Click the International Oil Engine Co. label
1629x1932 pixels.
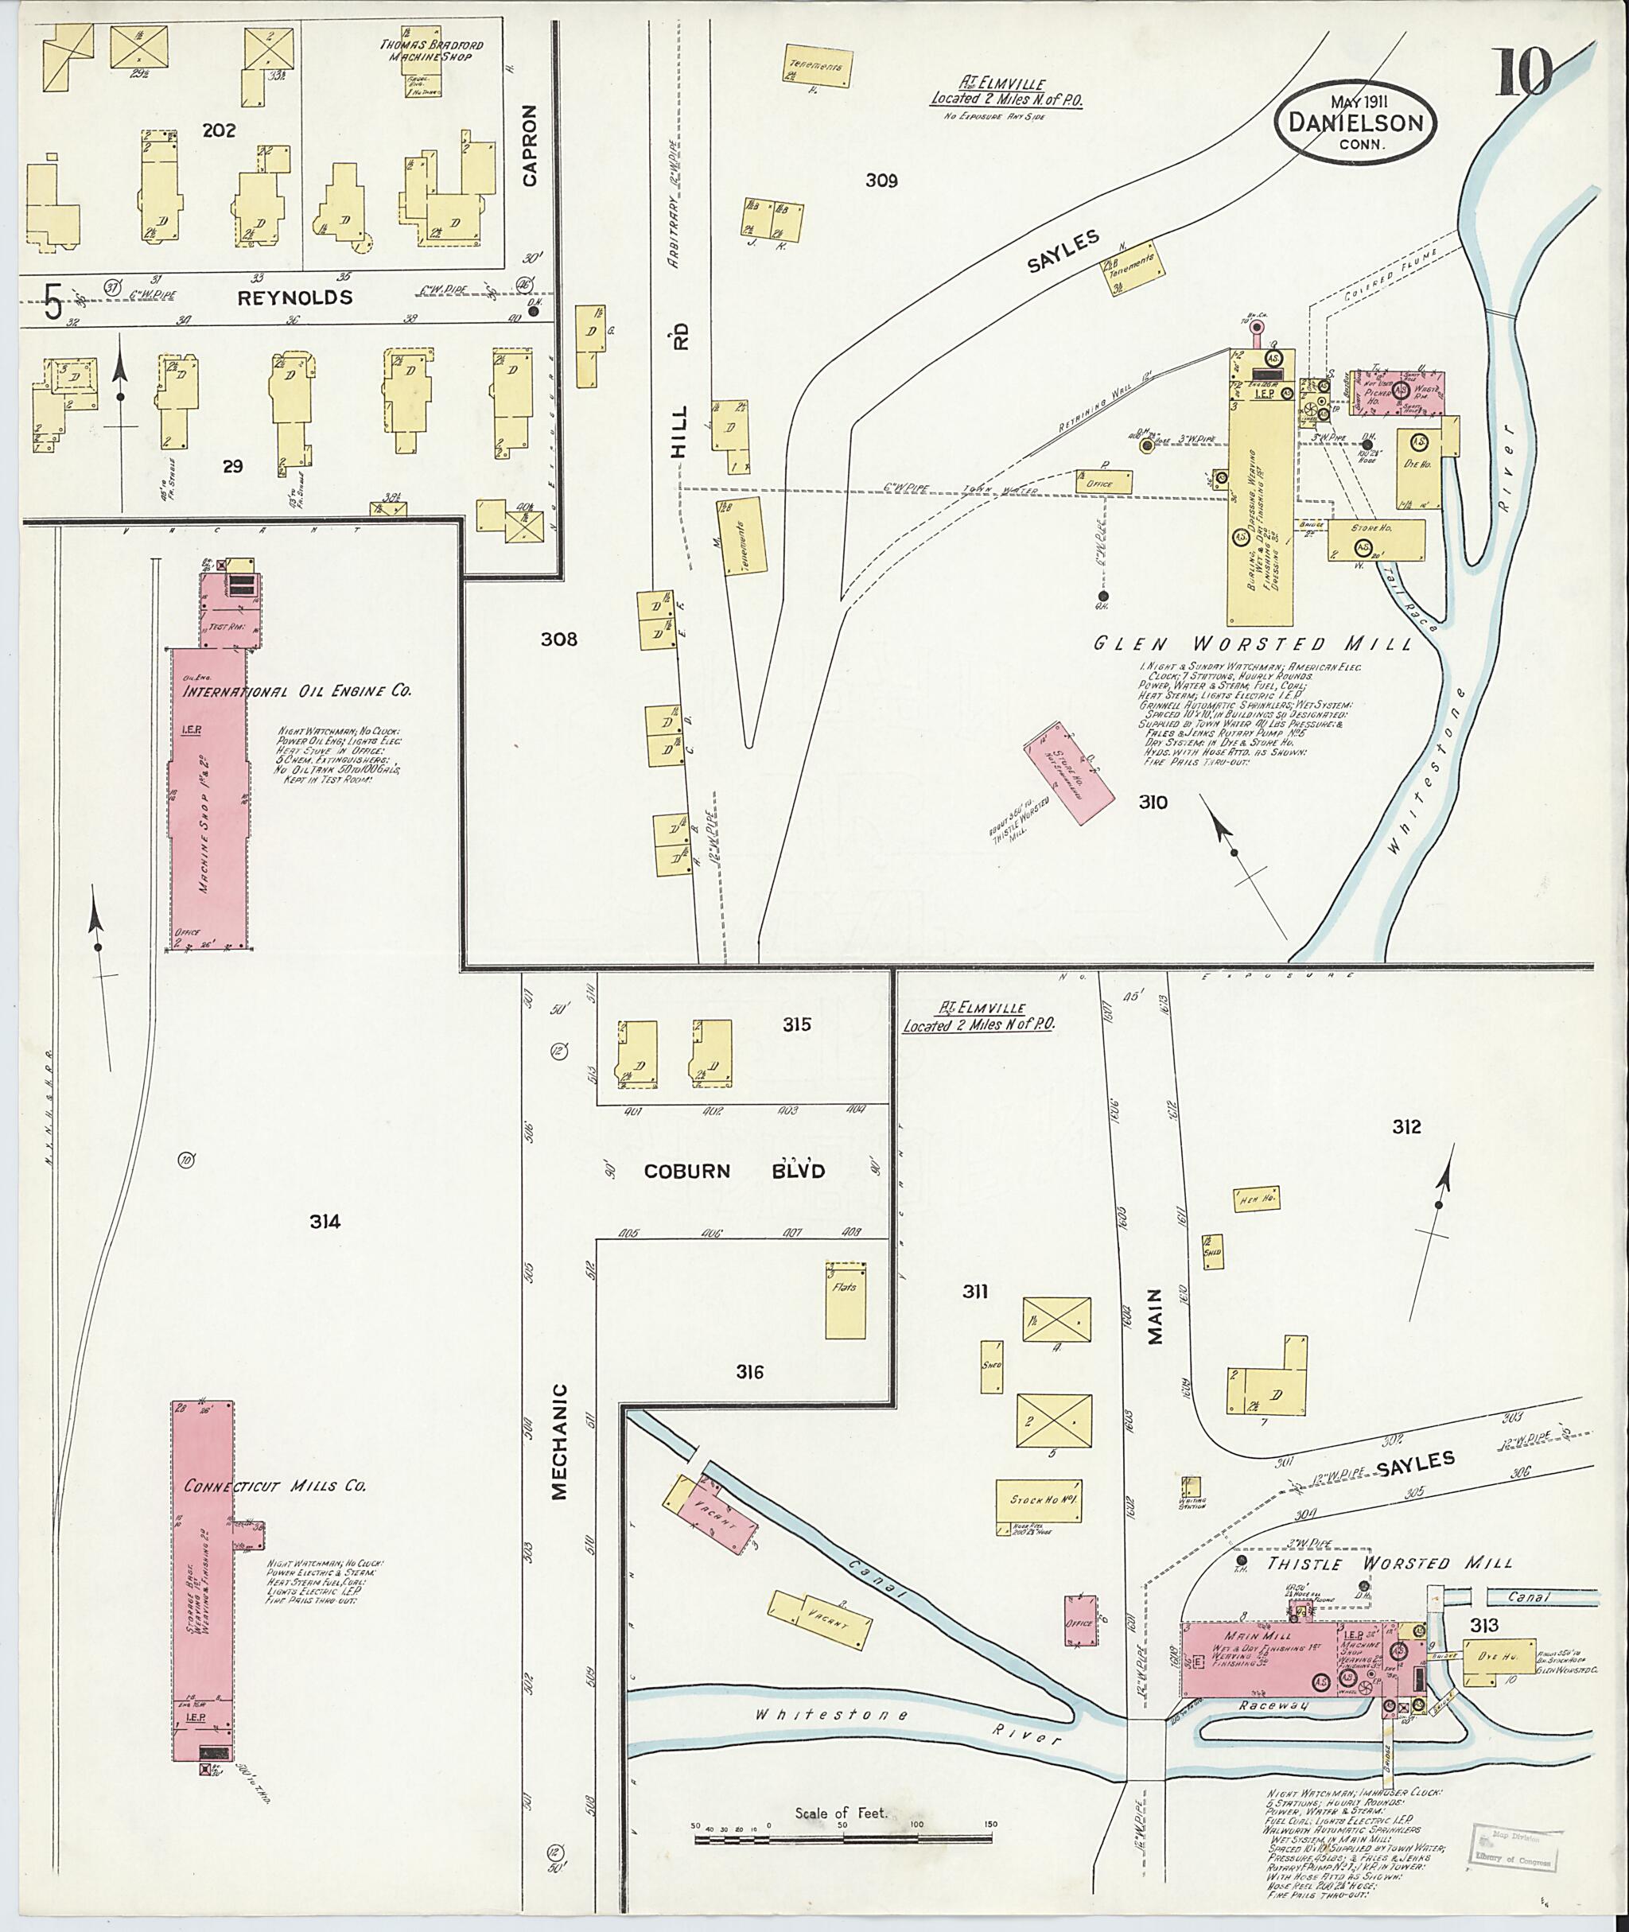[297, 690]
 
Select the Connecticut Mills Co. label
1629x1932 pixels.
[275, 1486]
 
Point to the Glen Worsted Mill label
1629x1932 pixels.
[1252, 643]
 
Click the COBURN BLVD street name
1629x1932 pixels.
[734, 1171]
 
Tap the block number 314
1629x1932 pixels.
[325, 1222]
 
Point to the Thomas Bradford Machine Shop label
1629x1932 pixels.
[430, 51]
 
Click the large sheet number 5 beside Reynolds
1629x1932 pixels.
[53, 302]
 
